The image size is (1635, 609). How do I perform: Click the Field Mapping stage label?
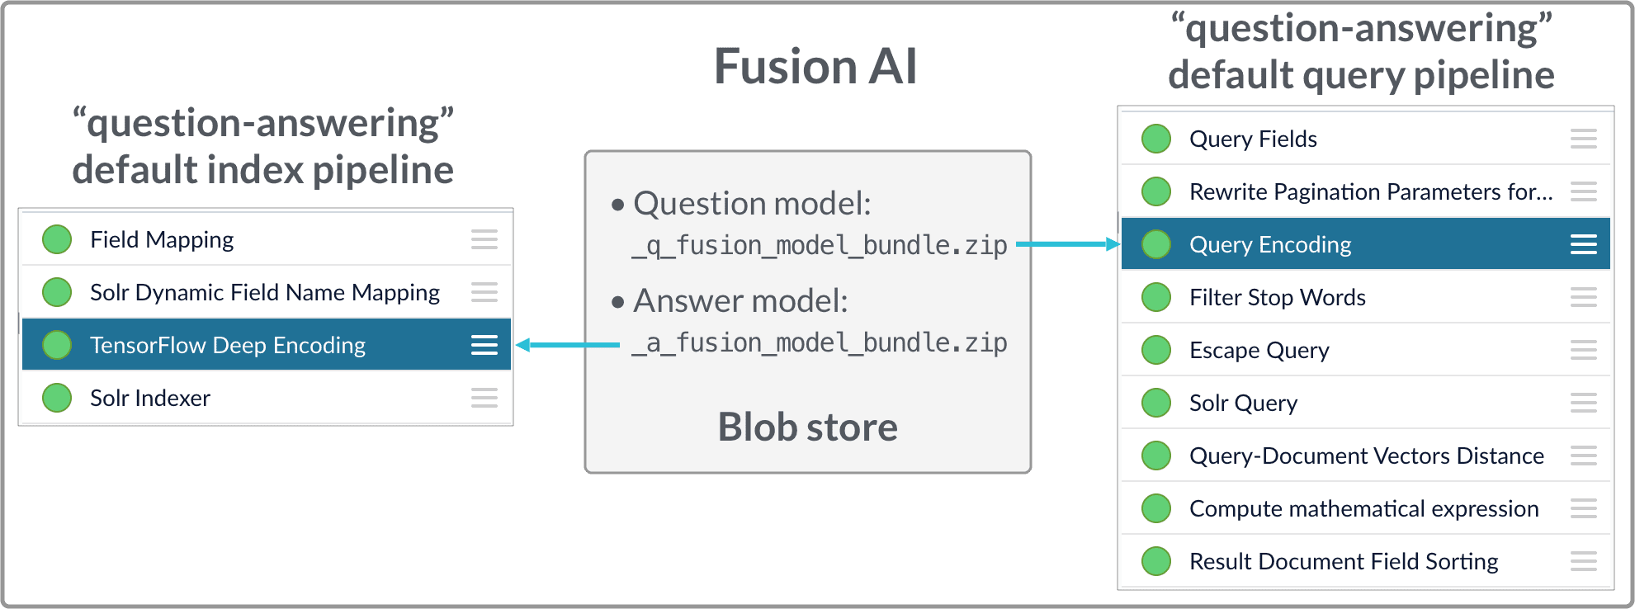[162, 239]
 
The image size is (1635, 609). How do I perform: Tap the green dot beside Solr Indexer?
[57, 398]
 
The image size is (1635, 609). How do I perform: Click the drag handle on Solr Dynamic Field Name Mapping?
[484, 292]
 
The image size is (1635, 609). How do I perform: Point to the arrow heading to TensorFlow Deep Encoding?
[566, 345]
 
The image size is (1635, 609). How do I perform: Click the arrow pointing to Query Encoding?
[1067, 244]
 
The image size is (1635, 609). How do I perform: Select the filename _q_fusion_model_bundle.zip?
[820, 245]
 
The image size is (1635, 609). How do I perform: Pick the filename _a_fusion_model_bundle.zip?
[820, 342]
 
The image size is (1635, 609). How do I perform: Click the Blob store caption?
[807, 427]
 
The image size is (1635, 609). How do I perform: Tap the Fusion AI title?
[815, 67]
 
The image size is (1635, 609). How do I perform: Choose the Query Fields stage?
[1253, 139]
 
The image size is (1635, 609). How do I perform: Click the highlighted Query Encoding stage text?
[1270, 244]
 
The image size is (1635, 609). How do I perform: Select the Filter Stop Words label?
[1278, 297]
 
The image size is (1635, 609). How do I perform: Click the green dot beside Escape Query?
[1156, 350]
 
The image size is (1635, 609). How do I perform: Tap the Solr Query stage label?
[1243, 403]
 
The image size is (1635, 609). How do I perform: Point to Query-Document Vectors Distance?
[1366, 456]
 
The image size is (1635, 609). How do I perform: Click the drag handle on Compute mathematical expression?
[1583, 508]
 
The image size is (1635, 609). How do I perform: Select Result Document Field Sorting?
[1344, 561]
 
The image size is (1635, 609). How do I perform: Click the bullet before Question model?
[617, 205]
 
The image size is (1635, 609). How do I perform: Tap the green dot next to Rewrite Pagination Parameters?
[1156, 191]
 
